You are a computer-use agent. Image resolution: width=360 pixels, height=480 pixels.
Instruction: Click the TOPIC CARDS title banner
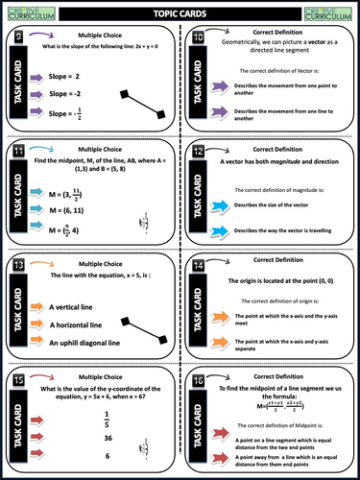pyautogui.click(x=179, y=14)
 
